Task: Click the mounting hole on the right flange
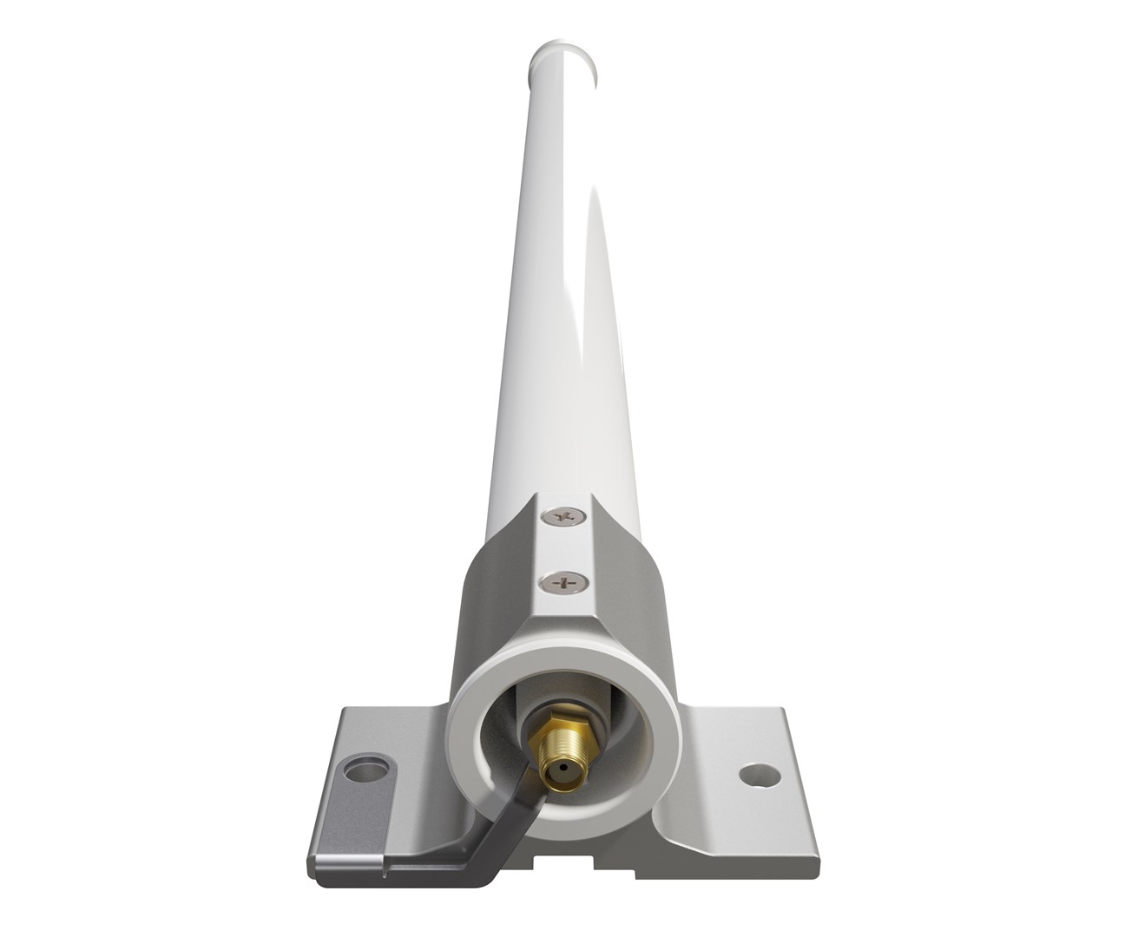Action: (x=751, y=770)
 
